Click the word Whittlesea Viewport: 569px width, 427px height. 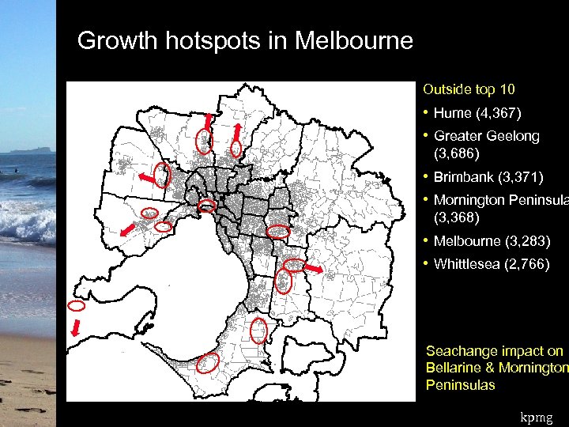(468, 264)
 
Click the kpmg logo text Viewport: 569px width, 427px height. (538, 415)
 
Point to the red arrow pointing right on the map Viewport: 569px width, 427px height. (313, 270)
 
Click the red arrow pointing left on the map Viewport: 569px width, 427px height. (147, 179)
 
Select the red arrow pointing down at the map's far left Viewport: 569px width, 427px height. (76, 327)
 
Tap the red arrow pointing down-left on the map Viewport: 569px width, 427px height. (126, 230)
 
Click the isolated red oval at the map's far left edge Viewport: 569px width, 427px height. (77, 305)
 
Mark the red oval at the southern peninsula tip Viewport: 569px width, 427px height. (208, 363)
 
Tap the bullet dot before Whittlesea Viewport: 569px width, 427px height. (426, 264)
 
